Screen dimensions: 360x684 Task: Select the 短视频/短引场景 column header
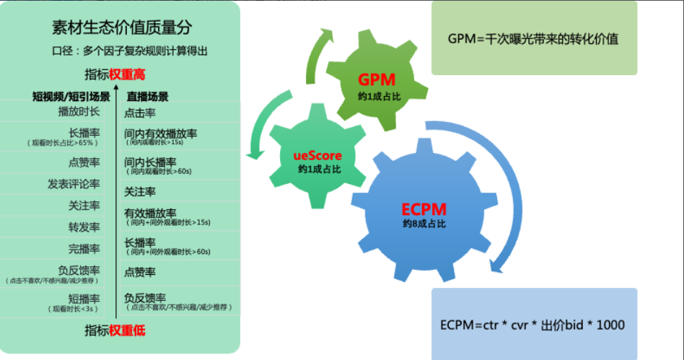(x=71, y=96)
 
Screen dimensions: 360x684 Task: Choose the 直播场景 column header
(x=147, y=96)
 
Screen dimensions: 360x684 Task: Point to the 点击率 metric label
(x=140, y=113)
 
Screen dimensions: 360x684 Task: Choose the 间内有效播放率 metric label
(x=161, y=133)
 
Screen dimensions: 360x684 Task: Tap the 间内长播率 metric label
(x=150, y=162)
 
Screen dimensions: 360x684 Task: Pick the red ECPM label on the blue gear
(x=424, y=210)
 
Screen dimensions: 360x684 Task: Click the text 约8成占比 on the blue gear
(x=424, y=224)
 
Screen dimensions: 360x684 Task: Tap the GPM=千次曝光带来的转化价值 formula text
(x=533, y=39)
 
